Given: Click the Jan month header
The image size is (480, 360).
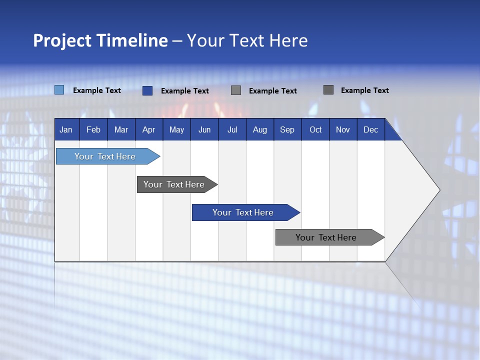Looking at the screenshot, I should (x=66, y=129).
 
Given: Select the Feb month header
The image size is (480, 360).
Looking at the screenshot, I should (x=93, y=129).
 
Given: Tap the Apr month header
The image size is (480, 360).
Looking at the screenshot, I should (x=148, y=129).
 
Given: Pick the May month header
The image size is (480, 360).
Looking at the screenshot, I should (x=176, y=129).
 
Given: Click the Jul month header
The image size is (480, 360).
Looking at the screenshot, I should (x=232, y=129).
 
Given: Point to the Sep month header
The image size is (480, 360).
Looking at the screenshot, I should (x=287, y=129).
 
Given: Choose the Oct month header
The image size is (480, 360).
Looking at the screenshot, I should (x=315, y=129).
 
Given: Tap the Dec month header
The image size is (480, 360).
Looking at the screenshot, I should (x=370, y=129).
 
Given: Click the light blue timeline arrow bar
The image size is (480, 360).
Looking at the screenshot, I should (x=105, y=156).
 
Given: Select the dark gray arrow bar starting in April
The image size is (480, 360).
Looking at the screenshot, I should (x=174, y=184).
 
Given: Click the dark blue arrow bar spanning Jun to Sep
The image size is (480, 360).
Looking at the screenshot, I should (x=243, y=212).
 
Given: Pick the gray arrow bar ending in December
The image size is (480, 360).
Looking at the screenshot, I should (x=326, y=237).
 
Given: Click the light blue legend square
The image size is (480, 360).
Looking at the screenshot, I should (x=59, y=90).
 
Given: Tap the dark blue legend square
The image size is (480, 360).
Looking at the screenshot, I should (x=147, y=90).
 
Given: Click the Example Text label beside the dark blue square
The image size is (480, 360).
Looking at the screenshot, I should (x=184, y=91).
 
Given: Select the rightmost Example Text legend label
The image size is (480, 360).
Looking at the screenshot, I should (x=364, y=90).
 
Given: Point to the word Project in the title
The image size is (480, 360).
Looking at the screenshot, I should (x=62, y=40).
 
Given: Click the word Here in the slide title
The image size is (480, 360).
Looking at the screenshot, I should (x=288, y=40).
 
